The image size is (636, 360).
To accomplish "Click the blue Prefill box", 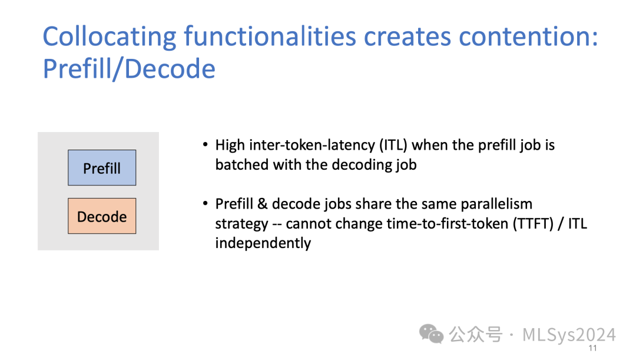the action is tap(102, 167).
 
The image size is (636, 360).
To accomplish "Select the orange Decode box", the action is tap(102, 216).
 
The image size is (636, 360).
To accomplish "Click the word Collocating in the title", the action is tap(110, 37).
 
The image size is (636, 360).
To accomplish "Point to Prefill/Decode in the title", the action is tap(129, 68).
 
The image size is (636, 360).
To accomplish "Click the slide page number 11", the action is tap(592, 348).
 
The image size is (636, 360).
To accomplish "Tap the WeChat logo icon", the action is tap(431, 333).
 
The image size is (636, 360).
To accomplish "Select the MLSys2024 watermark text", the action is tap(569, 335).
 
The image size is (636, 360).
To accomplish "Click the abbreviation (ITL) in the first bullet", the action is tap(393, 145).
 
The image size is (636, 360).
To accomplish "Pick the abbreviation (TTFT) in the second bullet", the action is tap(533, 224).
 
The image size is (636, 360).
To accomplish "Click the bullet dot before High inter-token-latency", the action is tap(206, 144).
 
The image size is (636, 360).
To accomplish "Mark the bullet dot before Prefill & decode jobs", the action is tap(206, 203).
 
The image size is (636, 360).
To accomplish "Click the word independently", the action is tap(263, 243).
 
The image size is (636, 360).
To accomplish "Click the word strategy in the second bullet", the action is tap(242, 224).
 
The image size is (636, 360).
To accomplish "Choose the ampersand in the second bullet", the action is tap(263, 204).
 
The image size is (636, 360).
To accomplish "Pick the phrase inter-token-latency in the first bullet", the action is tap(312, 145).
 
